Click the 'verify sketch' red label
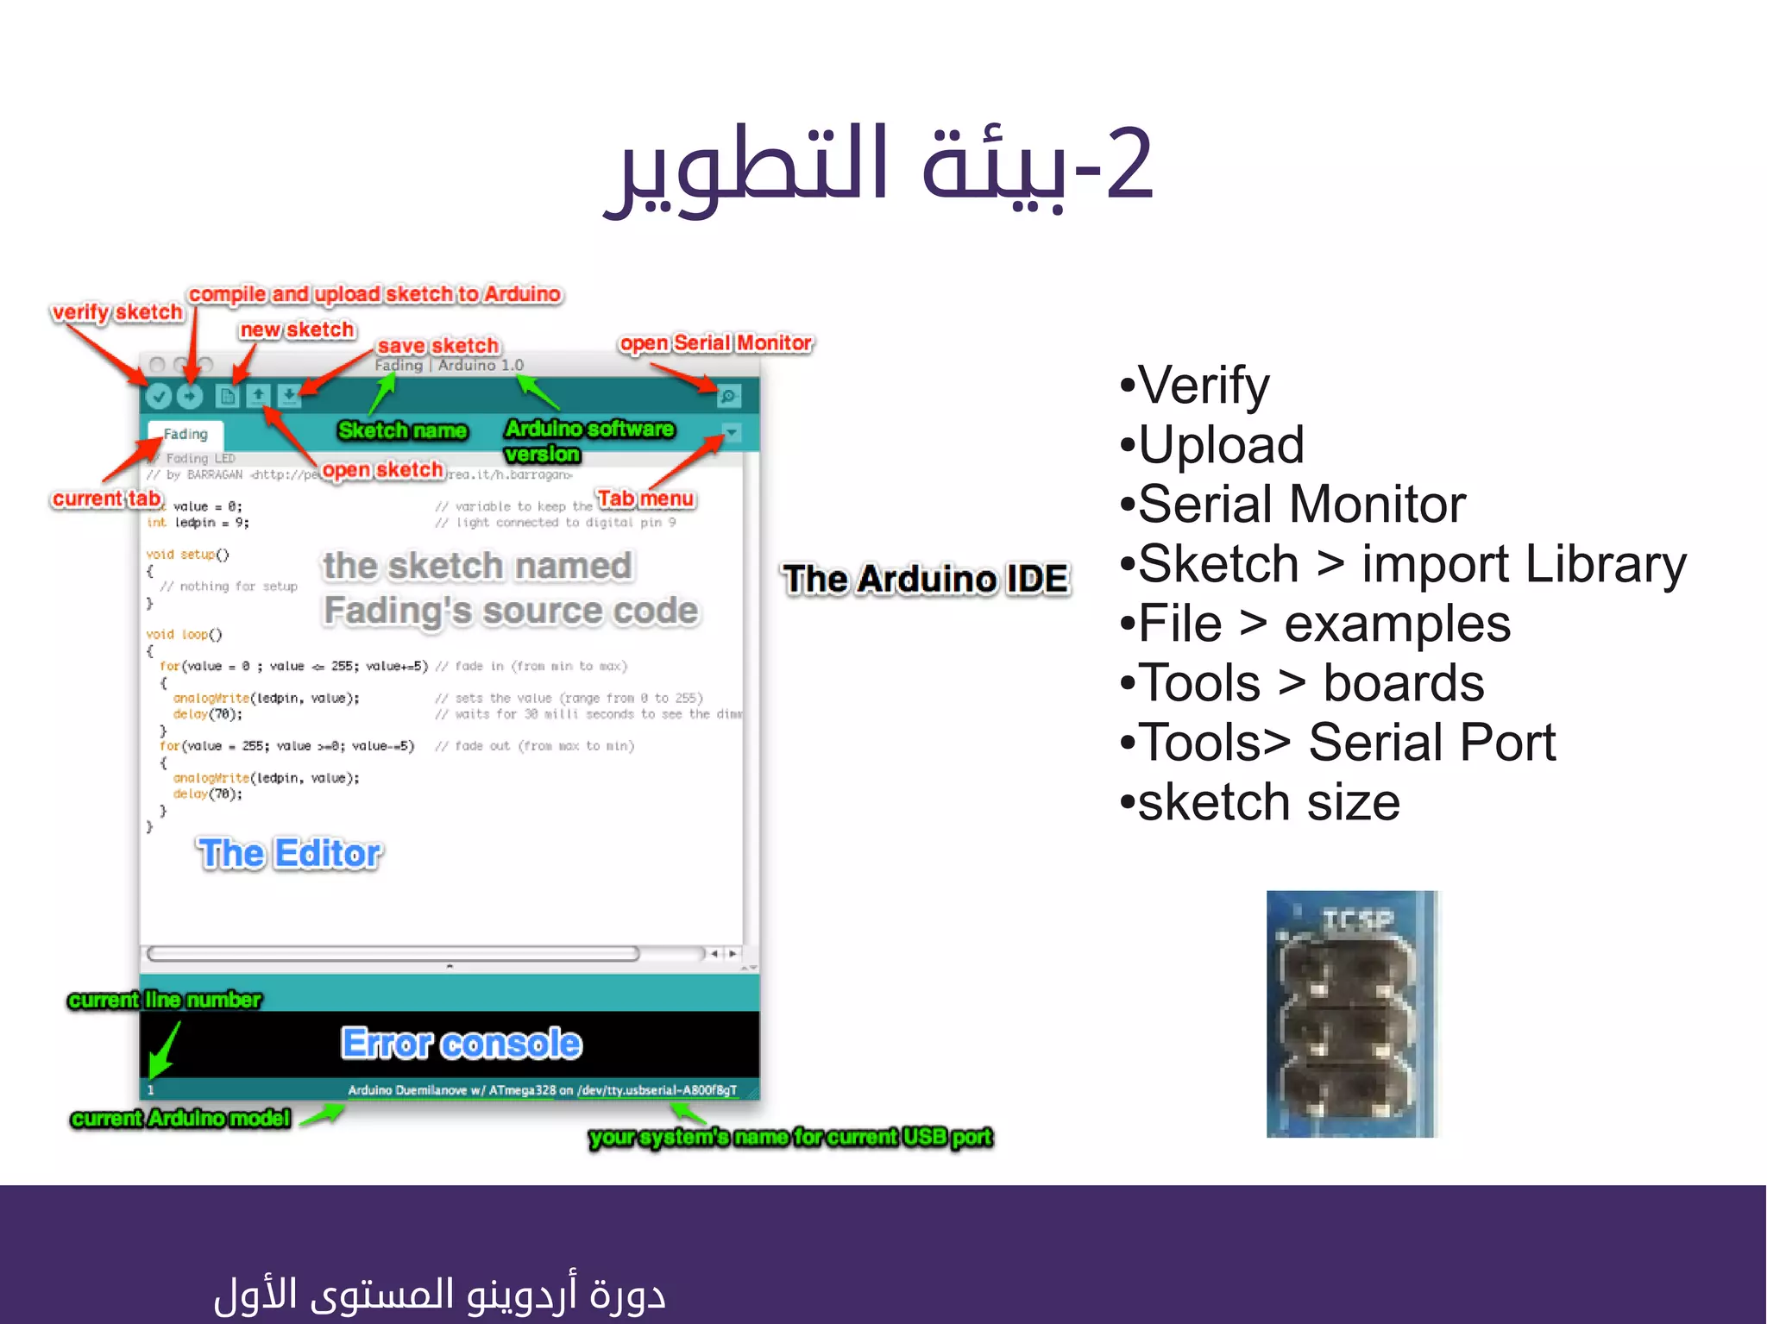coord(116,312)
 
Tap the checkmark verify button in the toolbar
coord(158,396)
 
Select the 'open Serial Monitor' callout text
coord(715,343)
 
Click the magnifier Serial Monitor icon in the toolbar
coord(729,396)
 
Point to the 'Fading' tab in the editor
coord(186,434)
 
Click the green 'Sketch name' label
coord(402,430)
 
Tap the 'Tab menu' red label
coord(645,499)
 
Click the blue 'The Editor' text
coord(289,854)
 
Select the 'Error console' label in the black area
coord(462,1044)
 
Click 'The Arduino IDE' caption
coord(925,579)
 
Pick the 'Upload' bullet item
coord(1220,445)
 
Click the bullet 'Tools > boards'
coord(1311,683)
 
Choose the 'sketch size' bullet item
coord(1267,802)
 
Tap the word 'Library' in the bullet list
coord(1605,564)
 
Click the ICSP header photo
coord(1350,1013)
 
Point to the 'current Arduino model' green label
coord(180,1119)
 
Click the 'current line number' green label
coord(164,1000)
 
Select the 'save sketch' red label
coord(438,346)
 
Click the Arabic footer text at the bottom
coord(440,1294)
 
